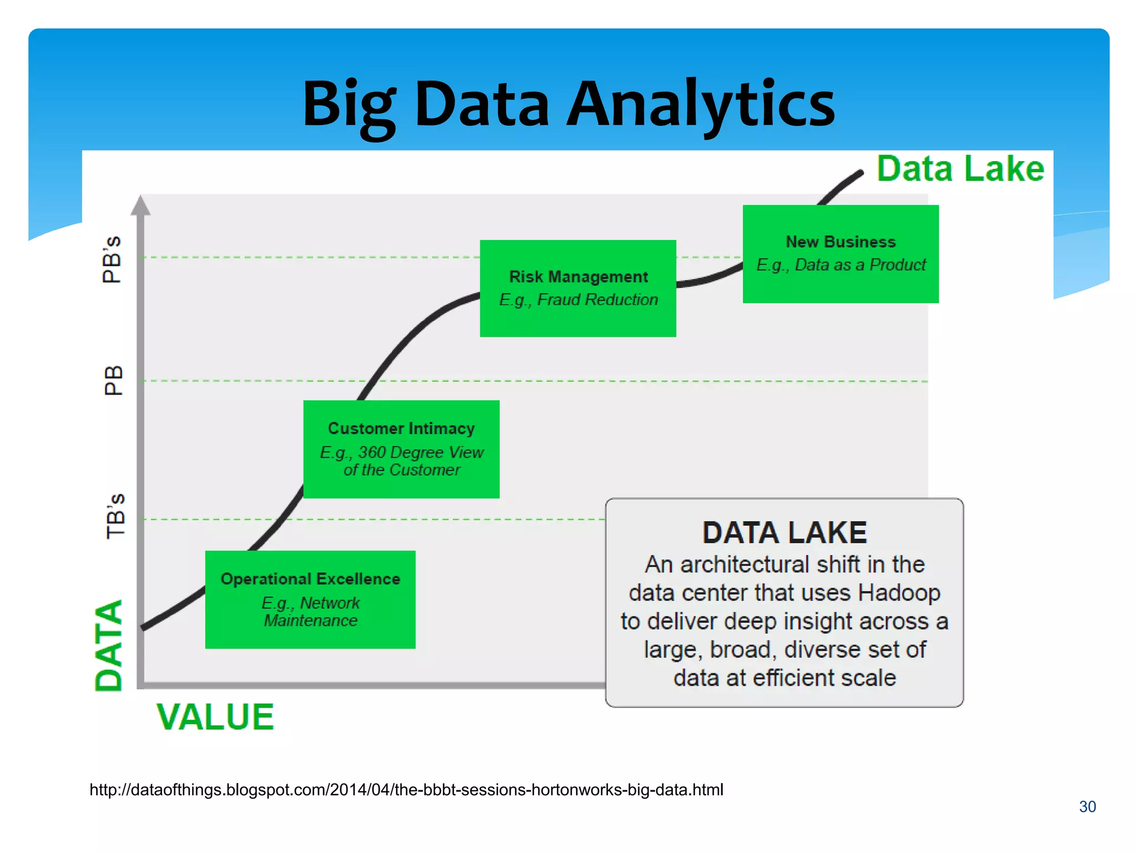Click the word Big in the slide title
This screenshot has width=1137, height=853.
(349, 104)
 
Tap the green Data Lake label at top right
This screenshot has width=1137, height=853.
(960, 169)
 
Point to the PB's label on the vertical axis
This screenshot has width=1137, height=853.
(112, 259)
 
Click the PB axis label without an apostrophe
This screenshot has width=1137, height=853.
(113, 380)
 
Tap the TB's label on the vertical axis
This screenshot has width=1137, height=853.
(115, 516)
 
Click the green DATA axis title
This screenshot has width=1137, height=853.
(109, 645)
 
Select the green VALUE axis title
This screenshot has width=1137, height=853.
(215, 717)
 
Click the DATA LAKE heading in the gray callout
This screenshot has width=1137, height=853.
(784, 533)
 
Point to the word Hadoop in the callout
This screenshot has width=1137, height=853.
(899, 593)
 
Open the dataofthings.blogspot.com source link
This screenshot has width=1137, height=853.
(406, 790)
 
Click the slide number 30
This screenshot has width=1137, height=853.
(1087, 807)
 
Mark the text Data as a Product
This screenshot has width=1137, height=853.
(860, 265)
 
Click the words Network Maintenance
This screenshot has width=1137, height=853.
(311, 612)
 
